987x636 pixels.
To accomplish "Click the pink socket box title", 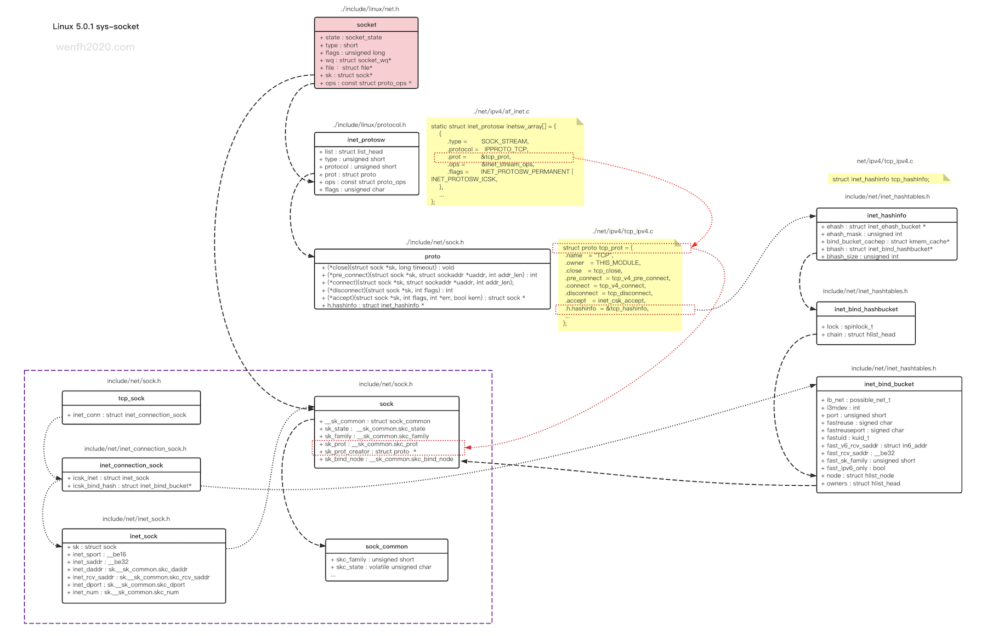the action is tap(366, 25).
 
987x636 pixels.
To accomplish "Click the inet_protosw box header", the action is tap(366, 140).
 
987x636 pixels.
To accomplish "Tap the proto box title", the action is tap(432, 257).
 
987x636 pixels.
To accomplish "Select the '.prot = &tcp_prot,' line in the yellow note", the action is tap(479, 157).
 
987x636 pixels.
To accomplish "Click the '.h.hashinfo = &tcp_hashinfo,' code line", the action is tap(607, 309).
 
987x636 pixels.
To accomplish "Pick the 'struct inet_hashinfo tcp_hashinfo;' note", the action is tap(881, 179).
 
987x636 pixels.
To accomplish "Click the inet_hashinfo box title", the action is tap(887, 215).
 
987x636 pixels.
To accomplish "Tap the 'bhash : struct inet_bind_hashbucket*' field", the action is tap(877, 249).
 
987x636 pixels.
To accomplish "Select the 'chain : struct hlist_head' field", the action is tap(858, 334).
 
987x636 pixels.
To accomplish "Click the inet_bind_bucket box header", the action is tap(889, 384).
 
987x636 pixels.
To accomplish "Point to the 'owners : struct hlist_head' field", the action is tap(860, 484).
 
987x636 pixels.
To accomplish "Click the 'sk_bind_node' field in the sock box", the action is tap(387, 459).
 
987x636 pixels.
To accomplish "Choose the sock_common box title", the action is tap(387, 547).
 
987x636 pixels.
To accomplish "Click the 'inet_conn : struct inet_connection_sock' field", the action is tap(127, 415).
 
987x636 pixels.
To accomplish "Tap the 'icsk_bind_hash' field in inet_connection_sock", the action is tap(129, 486).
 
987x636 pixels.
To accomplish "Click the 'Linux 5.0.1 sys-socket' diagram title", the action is tap(96, 26).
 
